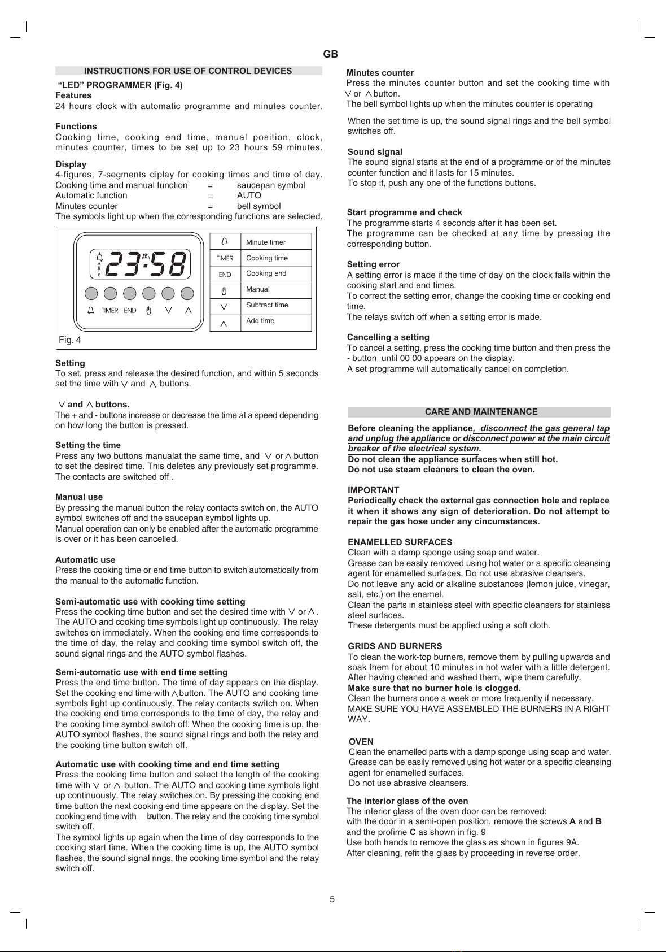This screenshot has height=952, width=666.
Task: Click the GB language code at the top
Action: (331, 54)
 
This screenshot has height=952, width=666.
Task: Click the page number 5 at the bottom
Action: (332, 899)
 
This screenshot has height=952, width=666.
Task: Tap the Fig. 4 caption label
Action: (70, 340)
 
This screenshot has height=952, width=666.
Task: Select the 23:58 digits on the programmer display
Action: (146, 264)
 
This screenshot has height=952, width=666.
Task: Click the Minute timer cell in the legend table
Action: (266, 242)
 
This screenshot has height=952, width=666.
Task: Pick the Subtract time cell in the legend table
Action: (267, 305)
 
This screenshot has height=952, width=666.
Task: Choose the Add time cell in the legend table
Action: (260, 321)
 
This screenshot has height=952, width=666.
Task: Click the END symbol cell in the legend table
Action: (225, 275)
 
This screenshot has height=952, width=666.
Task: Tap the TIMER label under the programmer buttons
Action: (110, 310)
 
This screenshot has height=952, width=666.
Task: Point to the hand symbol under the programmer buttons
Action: (149, 310)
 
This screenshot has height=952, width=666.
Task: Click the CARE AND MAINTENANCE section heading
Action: (481, 412)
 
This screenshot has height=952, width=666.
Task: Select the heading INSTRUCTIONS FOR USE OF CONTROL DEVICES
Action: (188, 71)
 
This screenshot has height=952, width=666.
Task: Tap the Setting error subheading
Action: (373, 264)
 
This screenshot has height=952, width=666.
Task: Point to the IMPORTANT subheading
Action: (373, 490)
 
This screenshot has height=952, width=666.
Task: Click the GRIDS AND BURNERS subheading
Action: (395, 646)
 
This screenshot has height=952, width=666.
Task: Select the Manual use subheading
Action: (79, 497)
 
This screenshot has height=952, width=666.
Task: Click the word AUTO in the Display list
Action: (249, 195)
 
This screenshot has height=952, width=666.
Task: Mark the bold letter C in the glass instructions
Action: (413, 832)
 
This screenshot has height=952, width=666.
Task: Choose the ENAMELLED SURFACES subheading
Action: (400, 542)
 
